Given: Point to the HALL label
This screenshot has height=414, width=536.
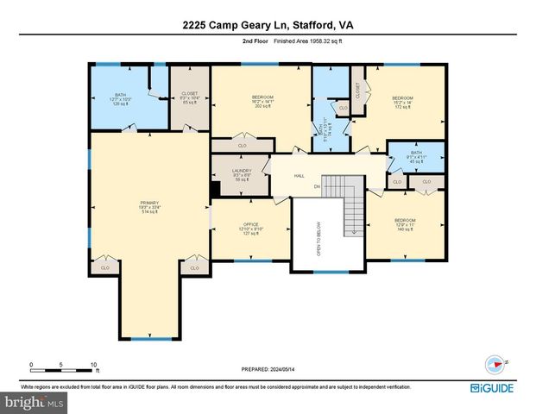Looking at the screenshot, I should (x=299, y=175).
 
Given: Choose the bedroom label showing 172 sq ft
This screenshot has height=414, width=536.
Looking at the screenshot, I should (x=403, y=103).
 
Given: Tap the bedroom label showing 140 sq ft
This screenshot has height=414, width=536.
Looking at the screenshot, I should (x=405, y=224).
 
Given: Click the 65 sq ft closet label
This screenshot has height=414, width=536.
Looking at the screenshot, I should (x=190, y=98).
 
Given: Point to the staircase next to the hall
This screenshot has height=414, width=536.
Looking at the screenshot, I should (x=350, y=213).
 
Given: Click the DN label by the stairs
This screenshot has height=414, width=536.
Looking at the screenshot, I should (x=317, y=186).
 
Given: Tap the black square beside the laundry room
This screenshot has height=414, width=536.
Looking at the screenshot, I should (x=215, y=190).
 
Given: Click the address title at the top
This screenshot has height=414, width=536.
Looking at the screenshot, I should (x=268, y=25).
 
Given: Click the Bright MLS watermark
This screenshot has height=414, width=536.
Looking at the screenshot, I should (x=35, y=402).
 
